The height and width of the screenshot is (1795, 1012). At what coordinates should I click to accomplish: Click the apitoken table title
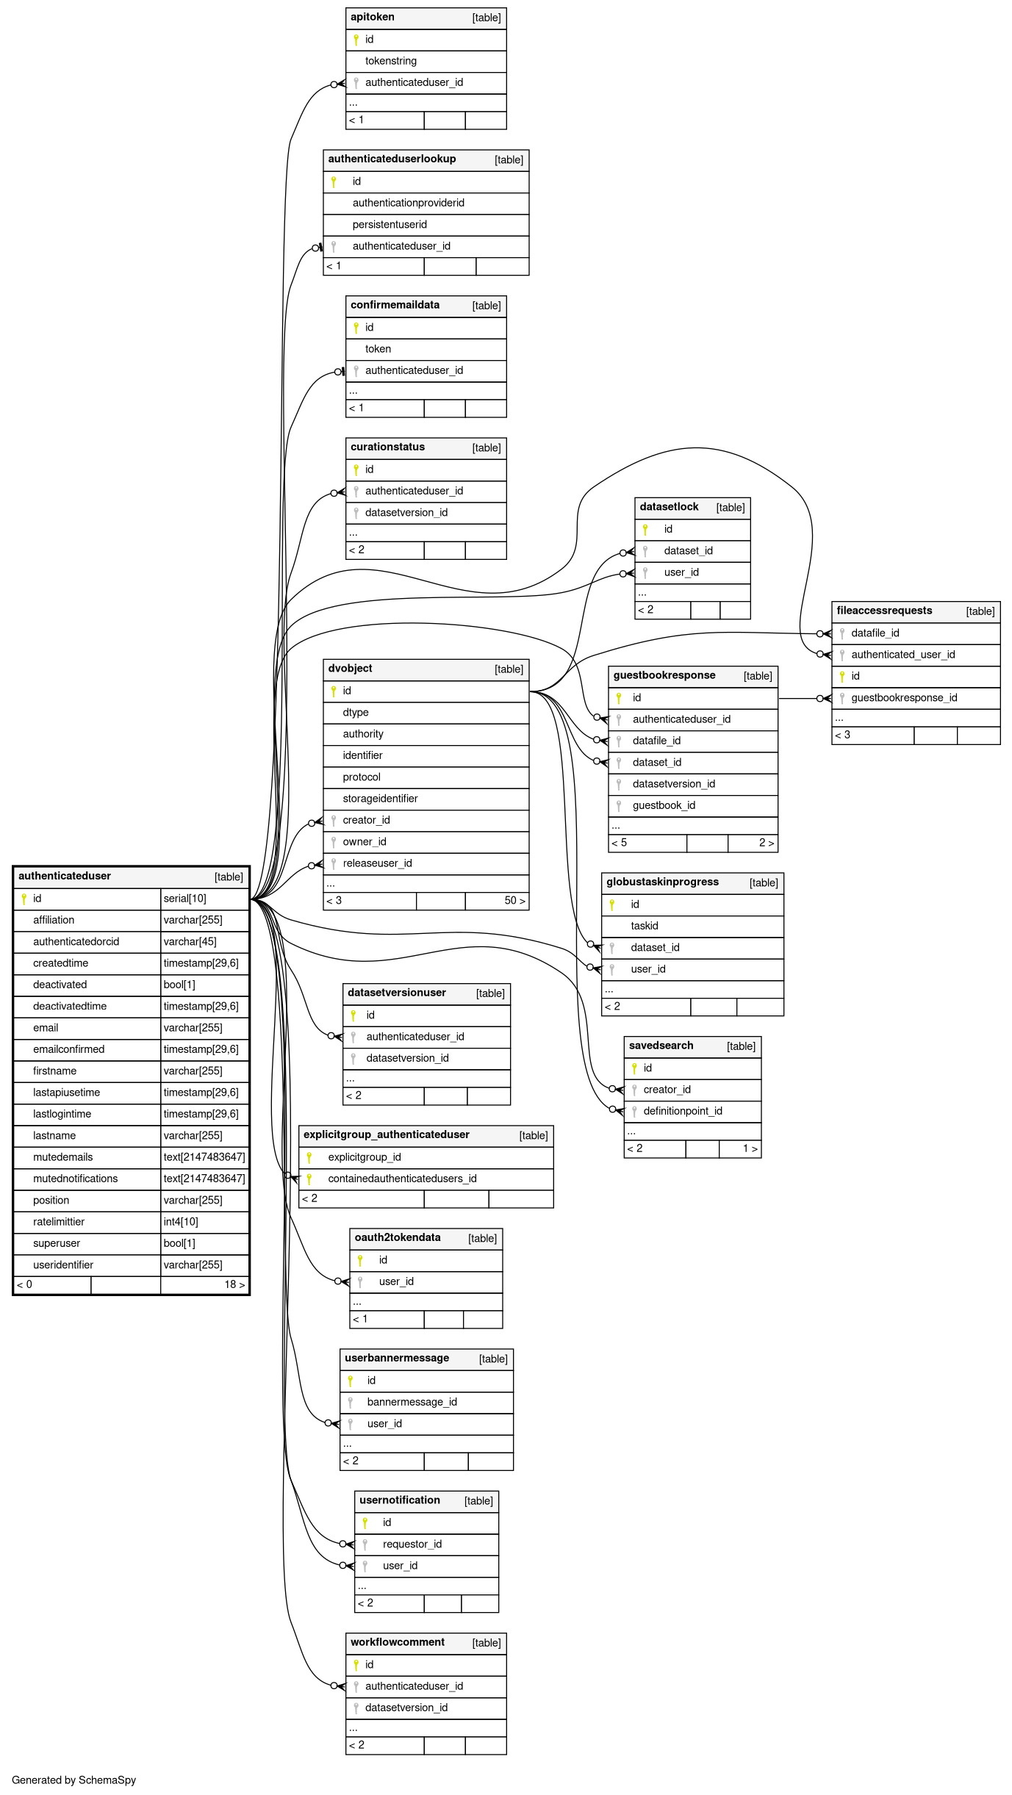click(x=373, y=17)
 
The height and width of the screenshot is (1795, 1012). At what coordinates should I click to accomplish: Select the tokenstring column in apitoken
click(x=390, y=61)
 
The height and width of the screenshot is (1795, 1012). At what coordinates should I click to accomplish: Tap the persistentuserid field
click(x=390, y=225)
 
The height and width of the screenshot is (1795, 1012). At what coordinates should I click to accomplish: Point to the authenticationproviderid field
click(x=408, y=203)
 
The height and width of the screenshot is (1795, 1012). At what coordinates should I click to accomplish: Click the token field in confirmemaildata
click(x=378, y=349)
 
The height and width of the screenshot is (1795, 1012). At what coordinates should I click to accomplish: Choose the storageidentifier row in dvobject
click(x=380, y=799)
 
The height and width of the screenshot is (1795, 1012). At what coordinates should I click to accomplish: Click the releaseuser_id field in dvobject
click(x=377, y=863)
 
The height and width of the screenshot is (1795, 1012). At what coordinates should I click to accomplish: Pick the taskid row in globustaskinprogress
click(x=644, y=926)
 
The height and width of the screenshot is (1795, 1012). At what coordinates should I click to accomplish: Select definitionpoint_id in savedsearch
click(x=682, y=1111)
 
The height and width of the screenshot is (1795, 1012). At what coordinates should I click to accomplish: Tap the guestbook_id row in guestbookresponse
click(x=664, y=805)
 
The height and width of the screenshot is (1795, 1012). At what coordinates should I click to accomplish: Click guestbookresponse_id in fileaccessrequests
click(x=903, y=698)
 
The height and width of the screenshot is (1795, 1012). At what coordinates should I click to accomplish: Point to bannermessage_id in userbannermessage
click(x=412, y=1402)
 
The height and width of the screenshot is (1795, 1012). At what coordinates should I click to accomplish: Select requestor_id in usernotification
click(x=412, y=1544)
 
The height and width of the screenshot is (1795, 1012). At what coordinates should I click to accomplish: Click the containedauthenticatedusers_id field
click(x=402, y=1179)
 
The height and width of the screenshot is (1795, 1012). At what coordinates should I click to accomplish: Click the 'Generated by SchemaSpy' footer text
click(x=73, y=1780)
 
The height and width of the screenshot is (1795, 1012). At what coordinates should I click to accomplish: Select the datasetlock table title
click(x=669, y=507)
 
